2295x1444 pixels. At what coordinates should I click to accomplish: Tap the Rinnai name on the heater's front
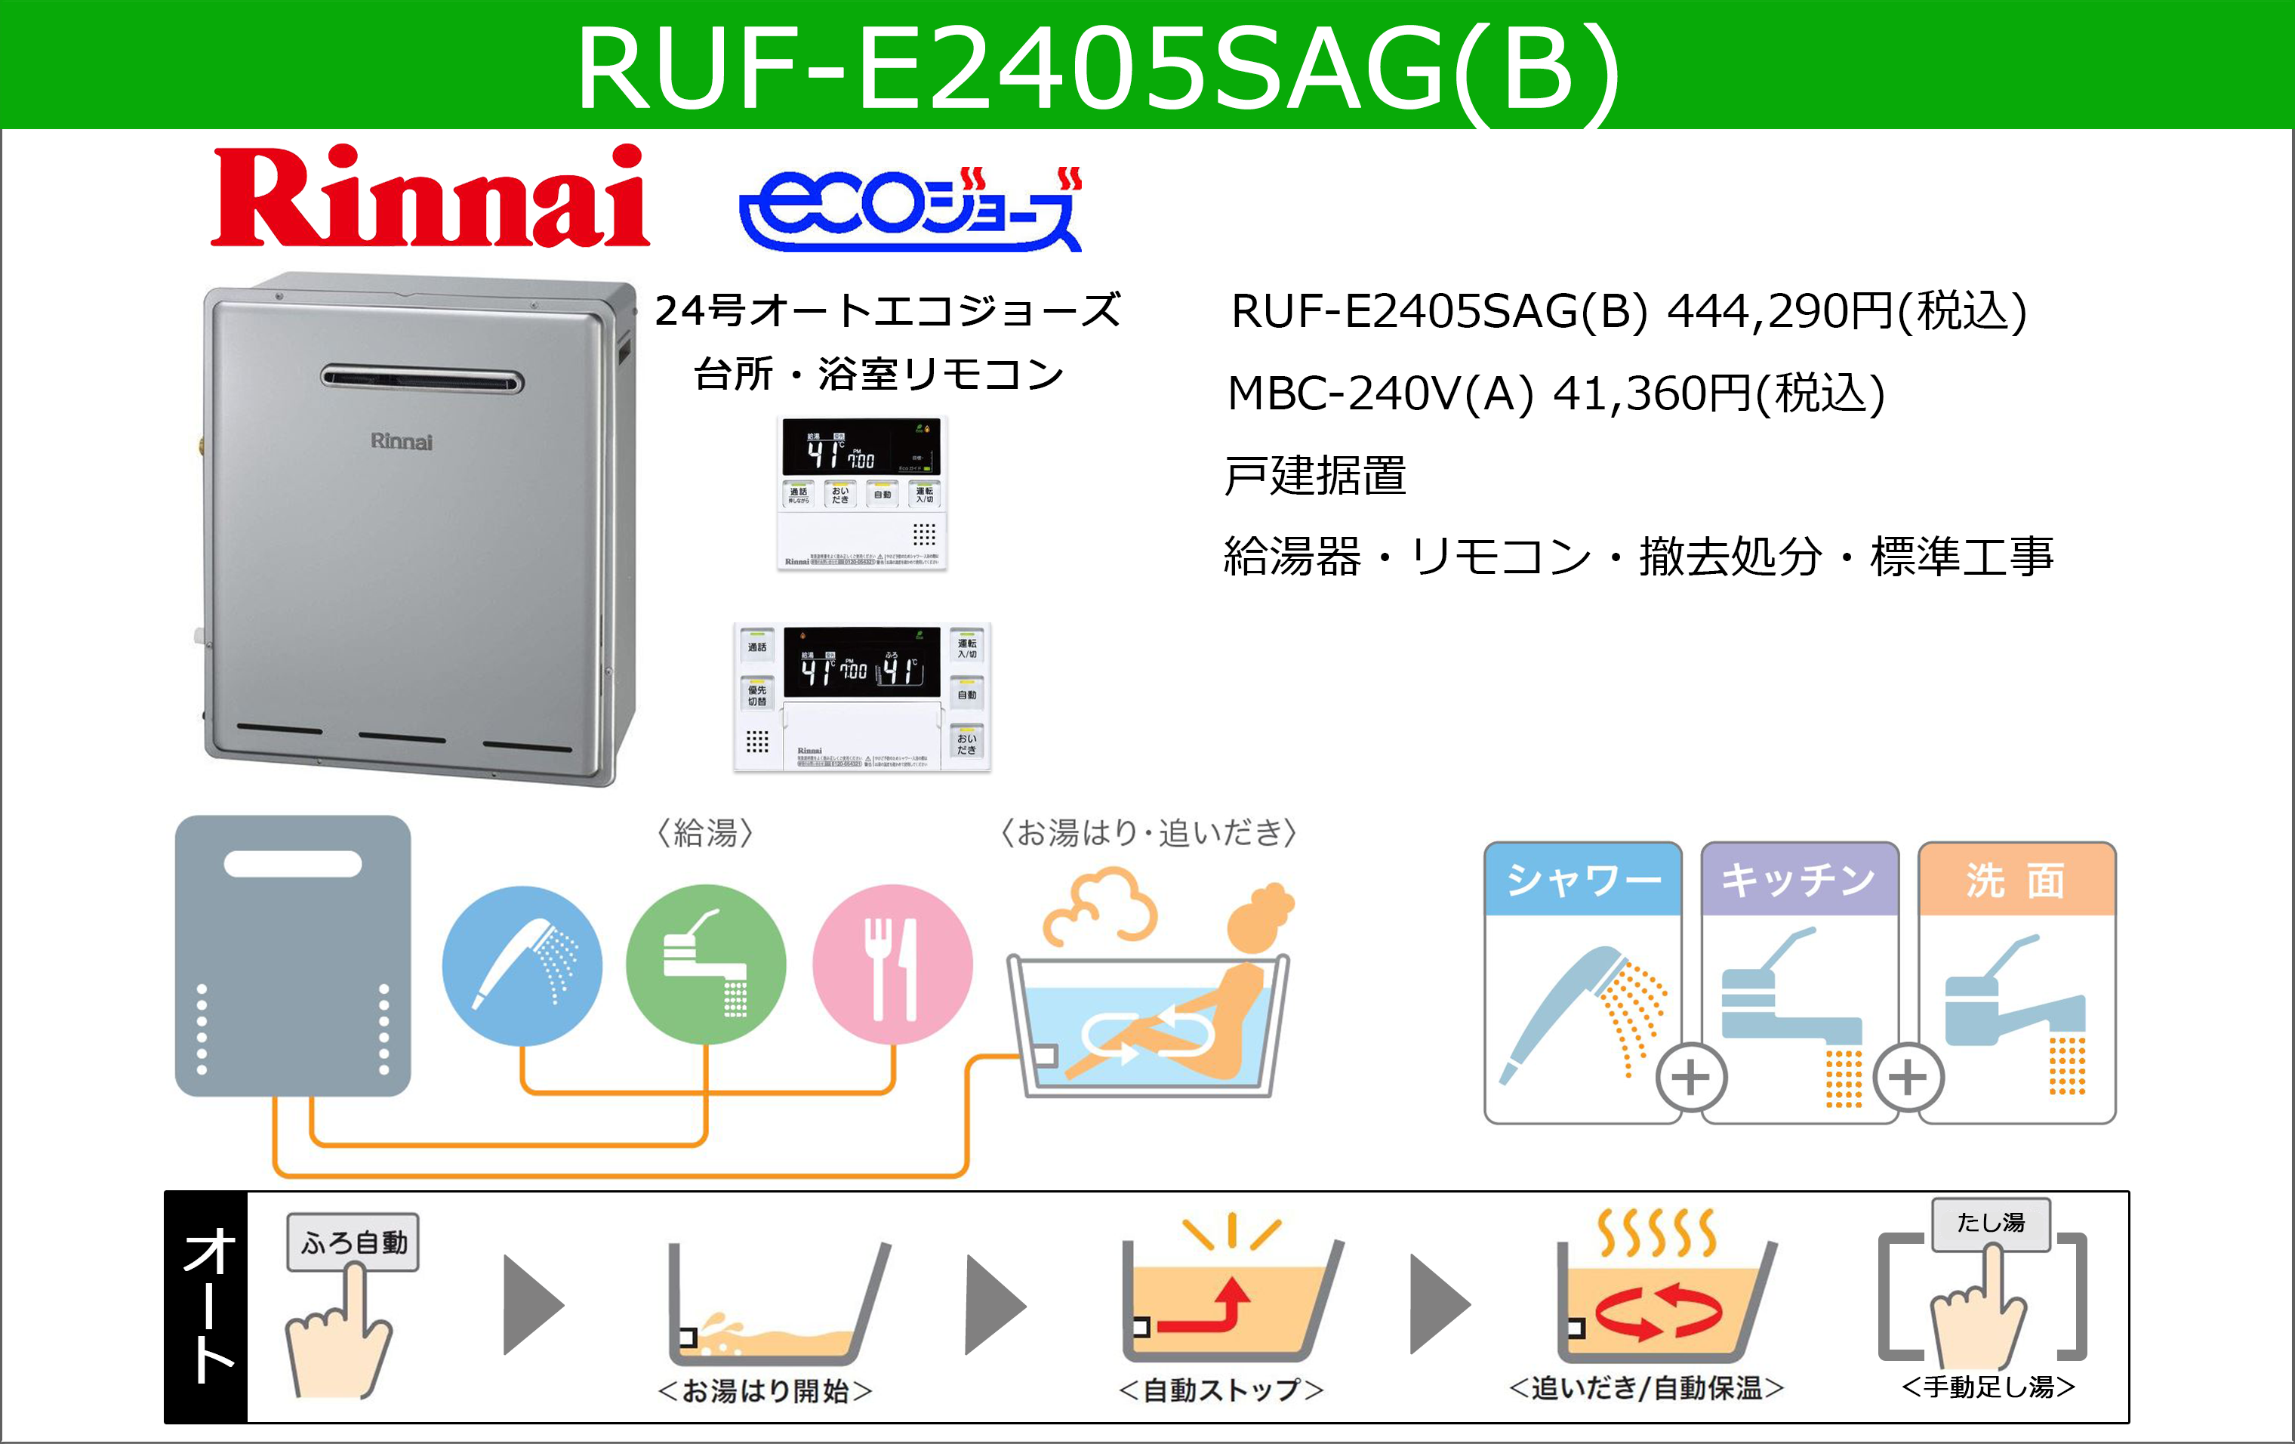click(x=401, y=441)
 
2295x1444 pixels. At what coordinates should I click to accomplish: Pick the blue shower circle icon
click(x=522, y=964)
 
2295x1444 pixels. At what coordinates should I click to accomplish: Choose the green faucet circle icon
click(x=706, y=964)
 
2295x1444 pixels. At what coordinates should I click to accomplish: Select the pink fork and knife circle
click(x=892, y=964)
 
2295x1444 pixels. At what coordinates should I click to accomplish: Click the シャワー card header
click(x=1583, y=879)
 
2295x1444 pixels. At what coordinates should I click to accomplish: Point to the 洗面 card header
click(x=2016, y=879)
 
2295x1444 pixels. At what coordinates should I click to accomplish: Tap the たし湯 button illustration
click(x=1991, y=1223)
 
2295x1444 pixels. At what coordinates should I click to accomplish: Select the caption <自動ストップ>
click(x=1221, y=1390)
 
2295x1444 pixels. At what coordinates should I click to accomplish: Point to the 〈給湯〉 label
click(x=705, y=833)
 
